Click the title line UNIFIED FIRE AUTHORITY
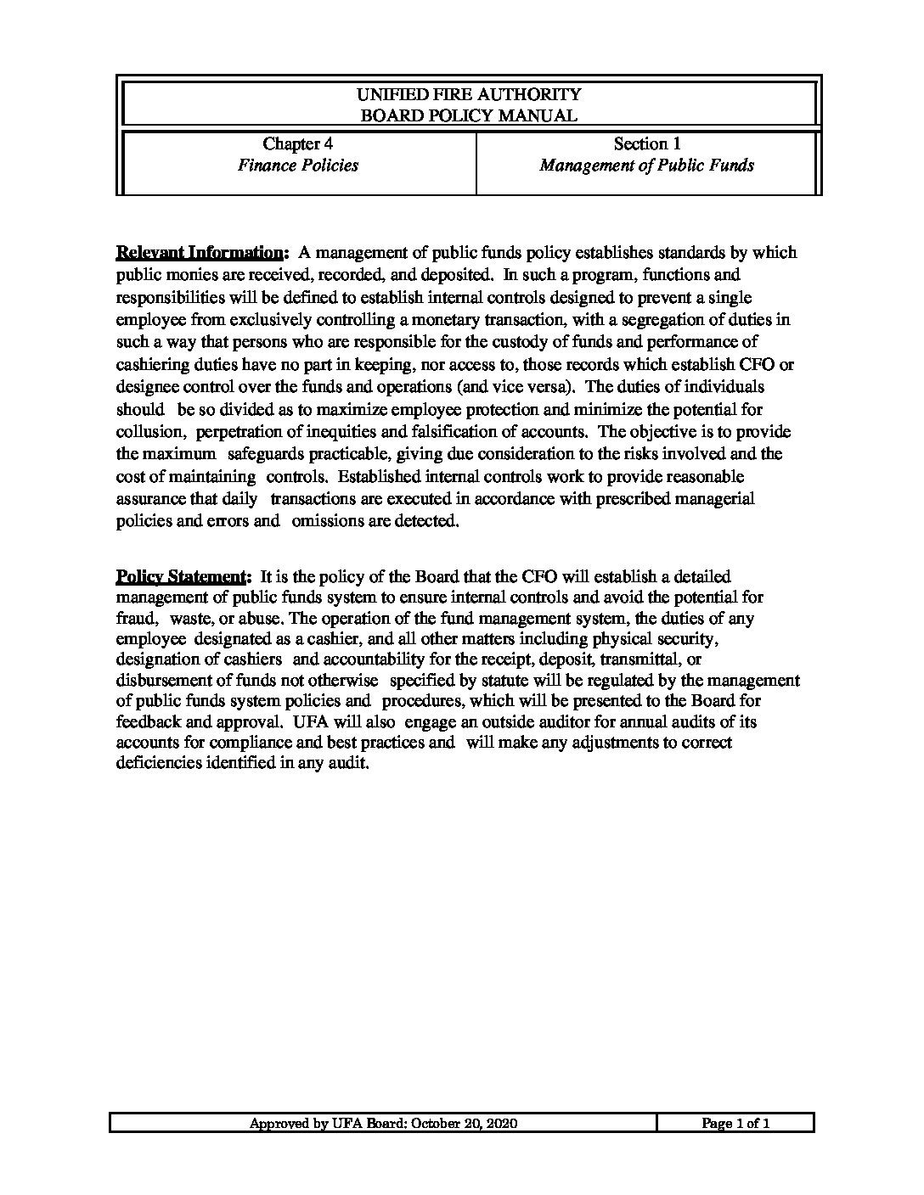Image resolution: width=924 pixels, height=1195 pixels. click(x=469, y=94)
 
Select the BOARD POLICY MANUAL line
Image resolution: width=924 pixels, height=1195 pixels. click(x=469, y=115)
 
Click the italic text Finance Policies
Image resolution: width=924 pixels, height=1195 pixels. click(x=297, y=166)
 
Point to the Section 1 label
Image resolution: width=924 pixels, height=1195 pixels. click(x=646, y=144)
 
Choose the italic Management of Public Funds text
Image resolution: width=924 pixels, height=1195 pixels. click(x=646, y=166)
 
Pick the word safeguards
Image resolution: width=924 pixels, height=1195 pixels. click(x=268, y=454)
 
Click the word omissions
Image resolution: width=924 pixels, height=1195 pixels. click(x=328, y=521)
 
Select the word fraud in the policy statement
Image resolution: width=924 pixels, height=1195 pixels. click(x=134, y=619)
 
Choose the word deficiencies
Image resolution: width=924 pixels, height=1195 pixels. click(x=158, y=762)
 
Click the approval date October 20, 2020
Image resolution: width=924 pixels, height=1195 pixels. click(x=465, y=1124)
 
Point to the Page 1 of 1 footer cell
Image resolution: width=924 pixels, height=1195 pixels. click(x=735, y=1124)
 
